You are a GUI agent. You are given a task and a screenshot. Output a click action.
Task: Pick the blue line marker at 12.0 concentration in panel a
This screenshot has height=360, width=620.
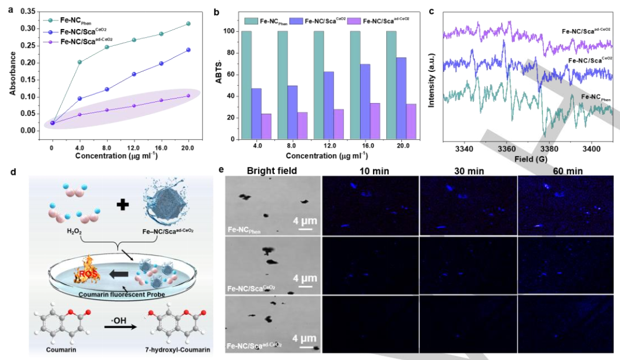tap(134, 74)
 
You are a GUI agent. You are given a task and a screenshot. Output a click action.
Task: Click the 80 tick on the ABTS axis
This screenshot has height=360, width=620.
tap(235, 53)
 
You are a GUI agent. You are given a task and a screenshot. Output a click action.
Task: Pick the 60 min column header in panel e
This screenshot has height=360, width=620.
tap(564, 171)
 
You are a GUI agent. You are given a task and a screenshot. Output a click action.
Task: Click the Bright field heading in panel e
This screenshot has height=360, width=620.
tap(272, 171)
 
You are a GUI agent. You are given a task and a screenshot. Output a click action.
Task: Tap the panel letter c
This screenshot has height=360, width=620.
tap(433, 11)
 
